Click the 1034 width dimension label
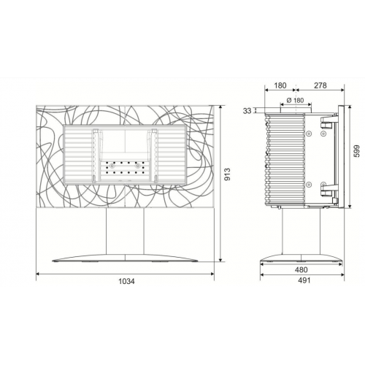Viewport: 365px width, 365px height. [x=126, y=281]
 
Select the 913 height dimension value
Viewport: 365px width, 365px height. [x=227, y=174]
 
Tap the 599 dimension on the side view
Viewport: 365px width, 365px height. [x=356, y=151]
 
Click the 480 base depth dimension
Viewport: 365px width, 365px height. [x=301, y=269]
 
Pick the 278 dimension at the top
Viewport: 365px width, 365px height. [x=320, y=85]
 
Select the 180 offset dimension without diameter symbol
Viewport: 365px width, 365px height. [x=280, y=85]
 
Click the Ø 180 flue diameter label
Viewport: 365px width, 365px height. [x=295, y=100]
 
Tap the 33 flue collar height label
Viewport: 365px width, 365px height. [x=247, y=111]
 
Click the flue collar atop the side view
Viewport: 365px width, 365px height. [x=296, y=110]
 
